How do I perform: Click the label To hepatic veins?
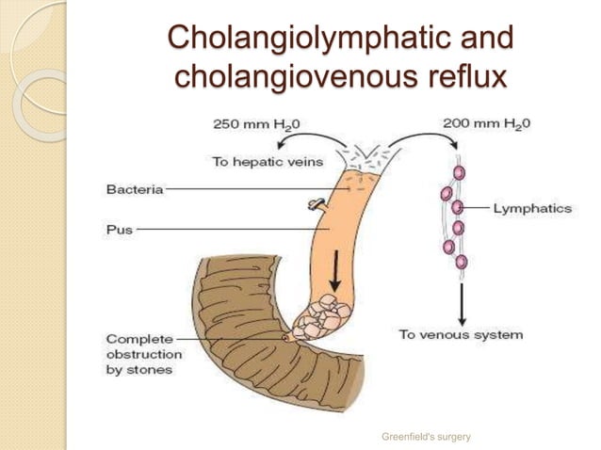pyautogui.click(x=268, y=161)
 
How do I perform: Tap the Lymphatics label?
pyautogui.click(x=532, y=208)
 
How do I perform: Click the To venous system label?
pyautogui.click(x=461, y=334)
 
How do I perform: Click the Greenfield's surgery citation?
pyautogui.click(x=426, y=436)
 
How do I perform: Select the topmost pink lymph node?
pyautogui.click(x=459, y=172)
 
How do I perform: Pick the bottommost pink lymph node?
pyautogui.click(x=461, y=261)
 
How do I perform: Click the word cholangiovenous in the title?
pyautogui.click(x=286, y=75)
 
